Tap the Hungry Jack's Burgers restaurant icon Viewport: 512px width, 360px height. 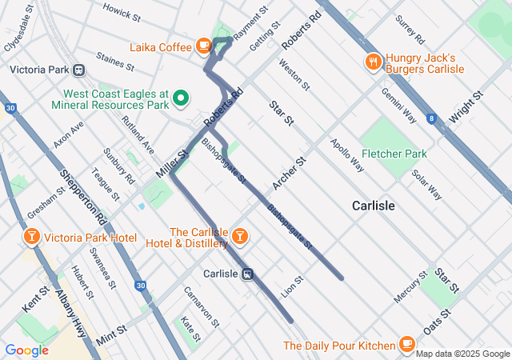(x=372, y=62)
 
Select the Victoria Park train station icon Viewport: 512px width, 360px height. (x=79, y=70)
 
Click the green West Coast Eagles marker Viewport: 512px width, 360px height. (x=181, y=98)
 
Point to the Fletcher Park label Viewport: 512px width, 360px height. (x=394, y=154)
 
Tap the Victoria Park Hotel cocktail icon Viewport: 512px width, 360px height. (x=31, y=238)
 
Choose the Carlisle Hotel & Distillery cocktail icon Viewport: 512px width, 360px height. (x=239, y=236)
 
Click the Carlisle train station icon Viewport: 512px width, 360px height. (x=249, y=274)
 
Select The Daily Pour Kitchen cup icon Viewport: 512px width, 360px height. (x=407, y=344)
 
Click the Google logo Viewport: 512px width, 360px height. (x=26, y=350)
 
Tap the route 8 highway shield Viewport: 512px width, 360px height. (x=432, y=118)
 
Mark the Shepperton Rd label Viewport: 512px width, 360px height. (x=82, y=195)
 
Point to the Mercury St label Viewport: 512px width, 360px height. (x=411, y=287)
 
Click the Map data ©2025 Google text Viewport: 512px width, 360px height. (x=462, y=354)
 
